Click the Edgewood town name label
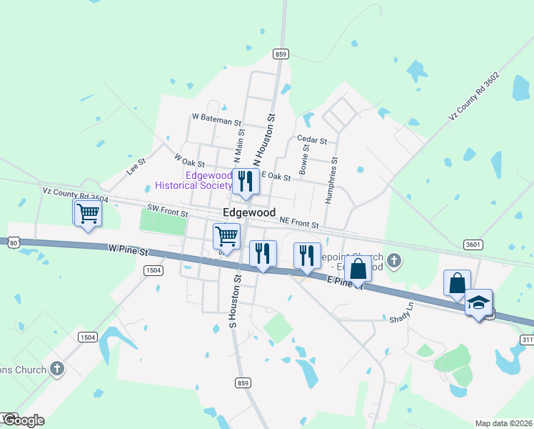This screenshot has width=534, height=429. point(249,212)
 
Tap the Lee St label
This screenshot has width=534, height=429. point(136,167)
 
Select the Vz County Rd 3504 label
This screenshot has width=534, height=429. point(75,195)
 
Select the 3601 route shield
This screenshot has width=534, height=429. point(472,244)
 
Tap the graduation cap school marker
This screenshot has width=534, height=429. point(479,304)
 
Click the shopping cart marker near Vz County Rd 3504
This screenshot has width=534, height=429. point(88,212)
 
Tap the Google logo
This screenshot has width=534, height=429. point(23,420)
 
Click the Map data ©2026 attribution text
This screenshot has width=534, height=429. point(504,423)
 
